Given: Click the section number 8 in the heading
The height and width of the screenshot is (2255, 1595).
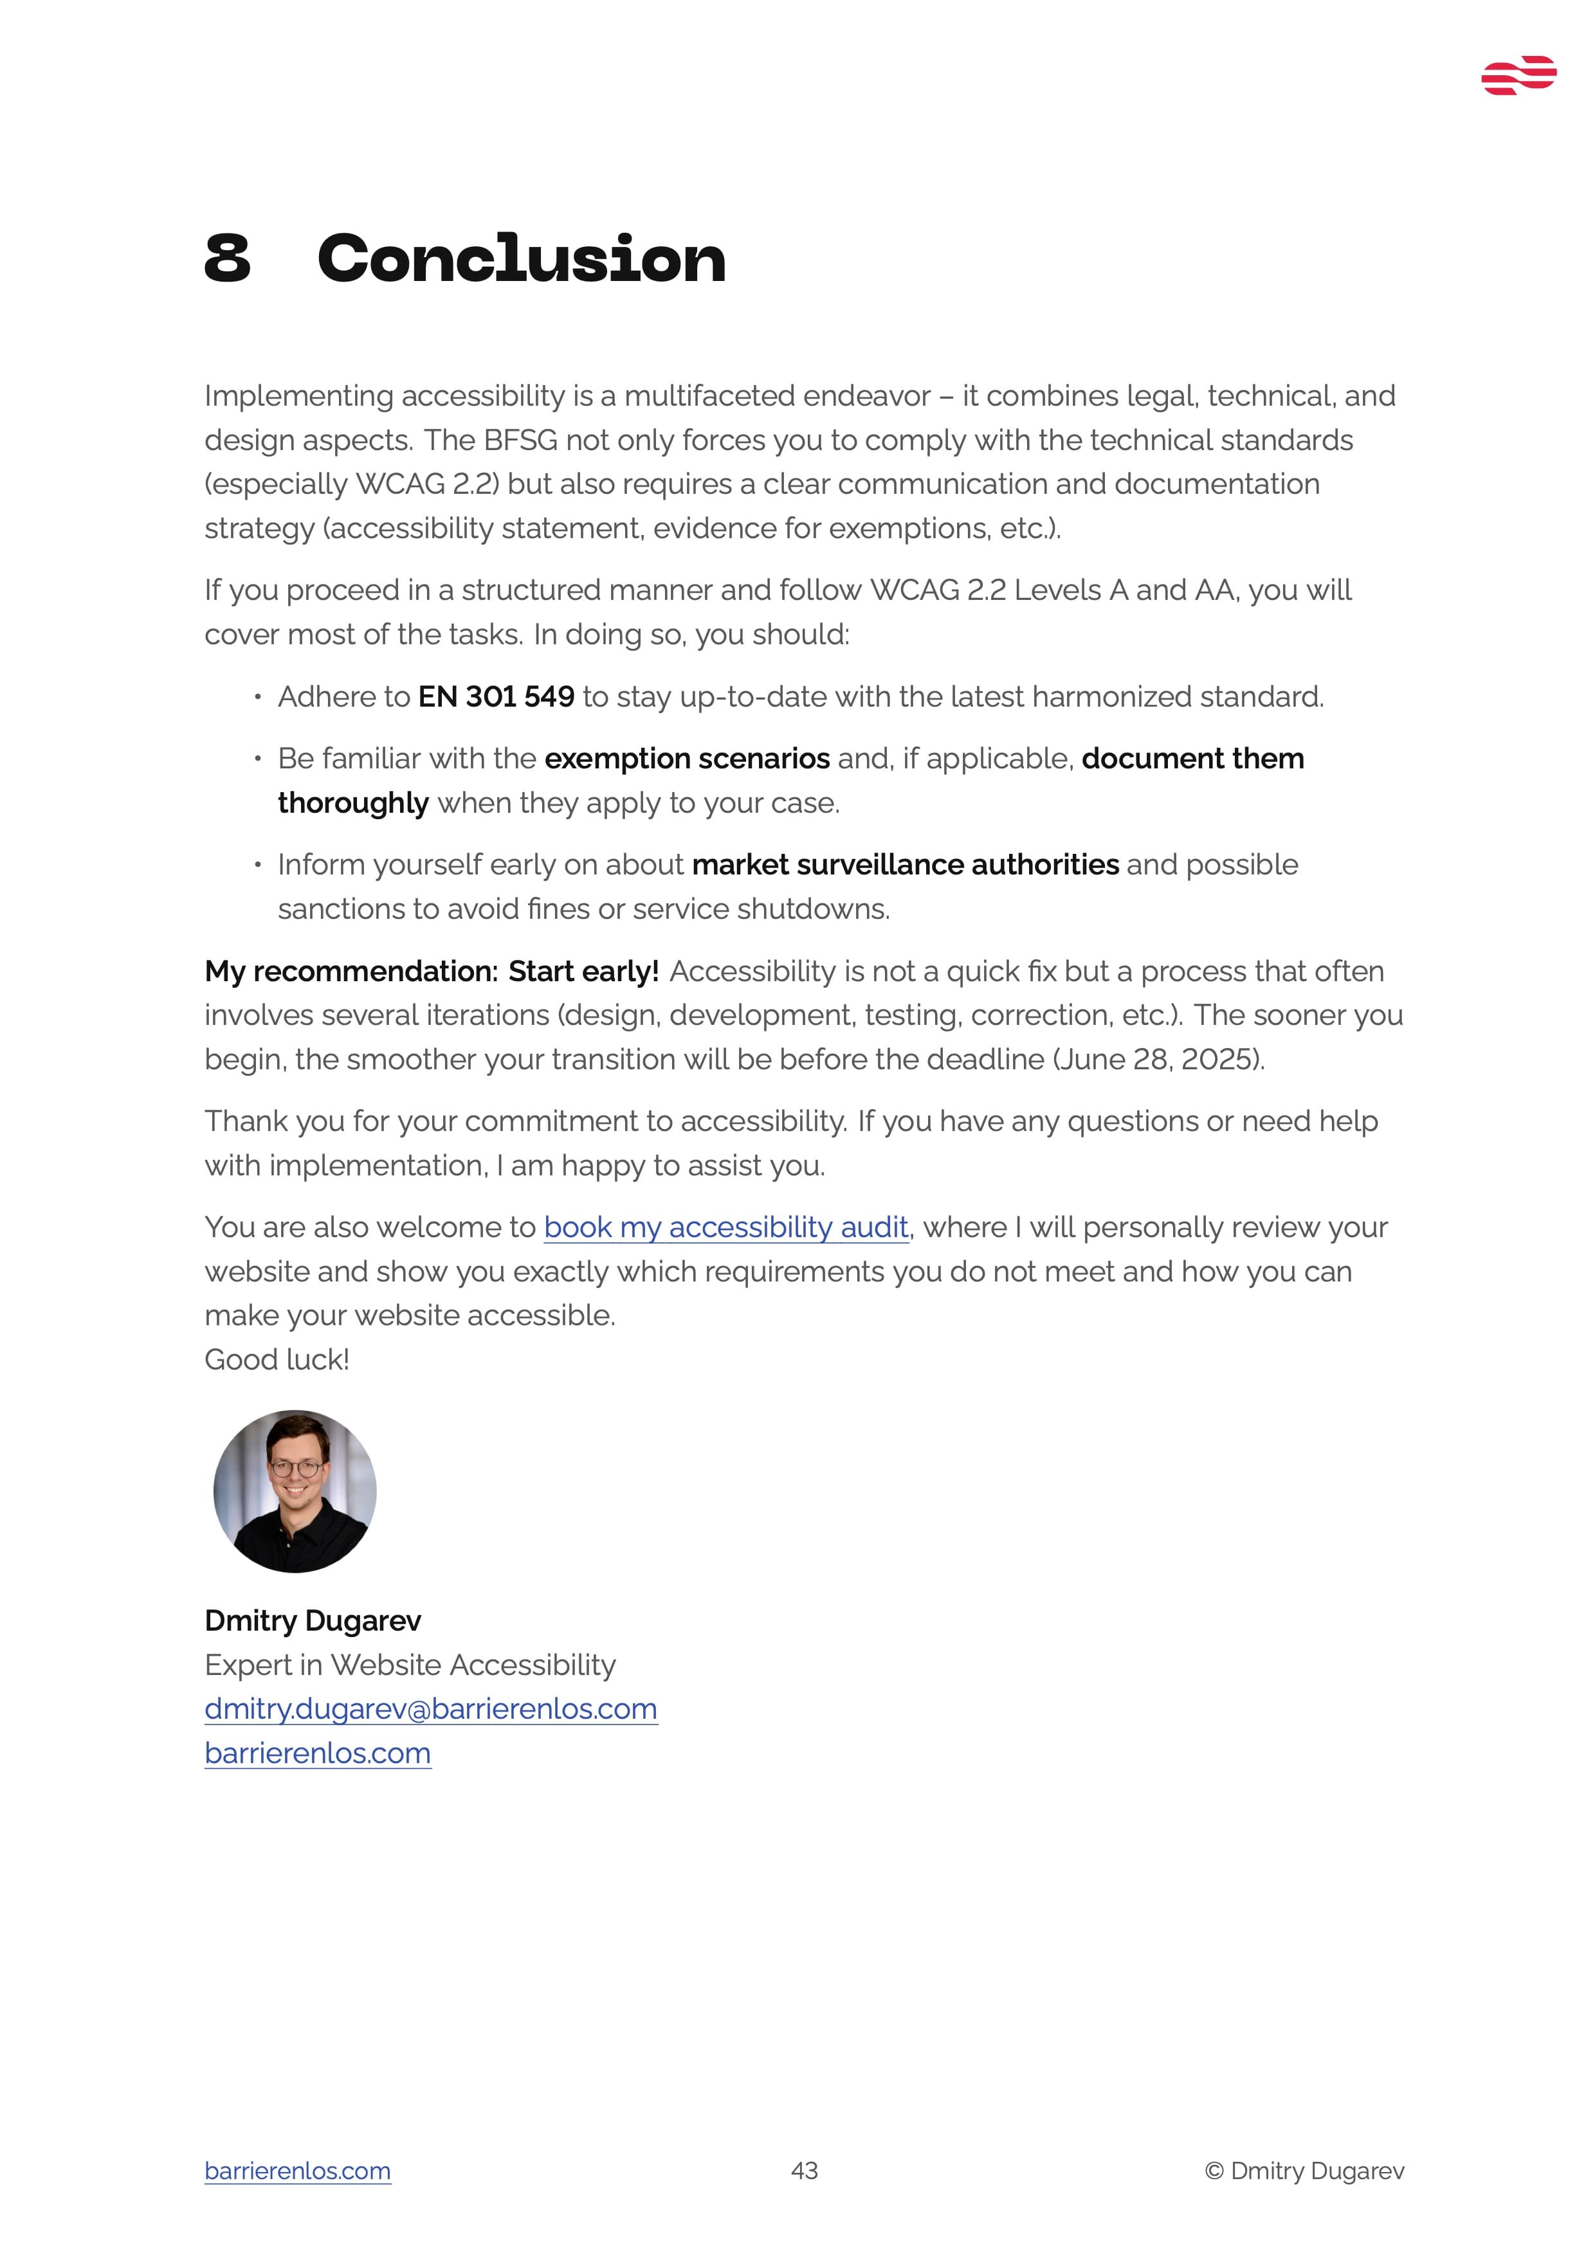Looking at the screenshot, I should (x=228, y=259).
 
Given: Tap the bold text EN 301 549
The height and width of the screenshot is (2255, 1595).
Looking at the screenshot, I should (x=496, y=697).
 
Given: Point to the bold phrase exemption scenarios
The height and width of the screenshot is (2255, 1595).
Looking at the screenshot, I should (x=686, y=759).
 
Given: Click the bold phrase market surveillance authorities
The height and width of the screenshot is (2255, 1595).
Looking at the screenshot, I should (x=904, y=865).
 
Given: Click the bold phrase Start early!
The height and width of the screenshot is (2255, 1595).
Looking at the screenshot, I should (x=583, y=972).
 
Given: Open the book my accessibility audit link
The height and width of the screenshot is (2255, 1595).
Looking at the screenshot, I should (x=726, y=1227).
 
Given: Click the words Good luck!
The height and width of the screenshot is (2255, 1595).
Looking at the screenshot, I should (x=277, y=1361).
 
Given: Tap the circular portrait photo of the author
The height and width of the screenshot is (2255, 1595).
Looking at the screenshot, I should (x=295, y=1491).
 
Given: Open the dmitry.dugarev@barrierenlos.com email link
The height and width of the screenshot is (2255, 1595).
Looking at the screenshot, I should (x=431, y=1709).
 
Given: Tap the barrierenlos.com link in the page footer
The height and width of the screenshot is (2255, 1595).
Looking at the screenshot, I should (x=298, y=2171).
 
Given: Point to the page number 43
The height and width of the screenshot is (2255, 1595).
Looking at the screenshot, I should (x=805, y=2171).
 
